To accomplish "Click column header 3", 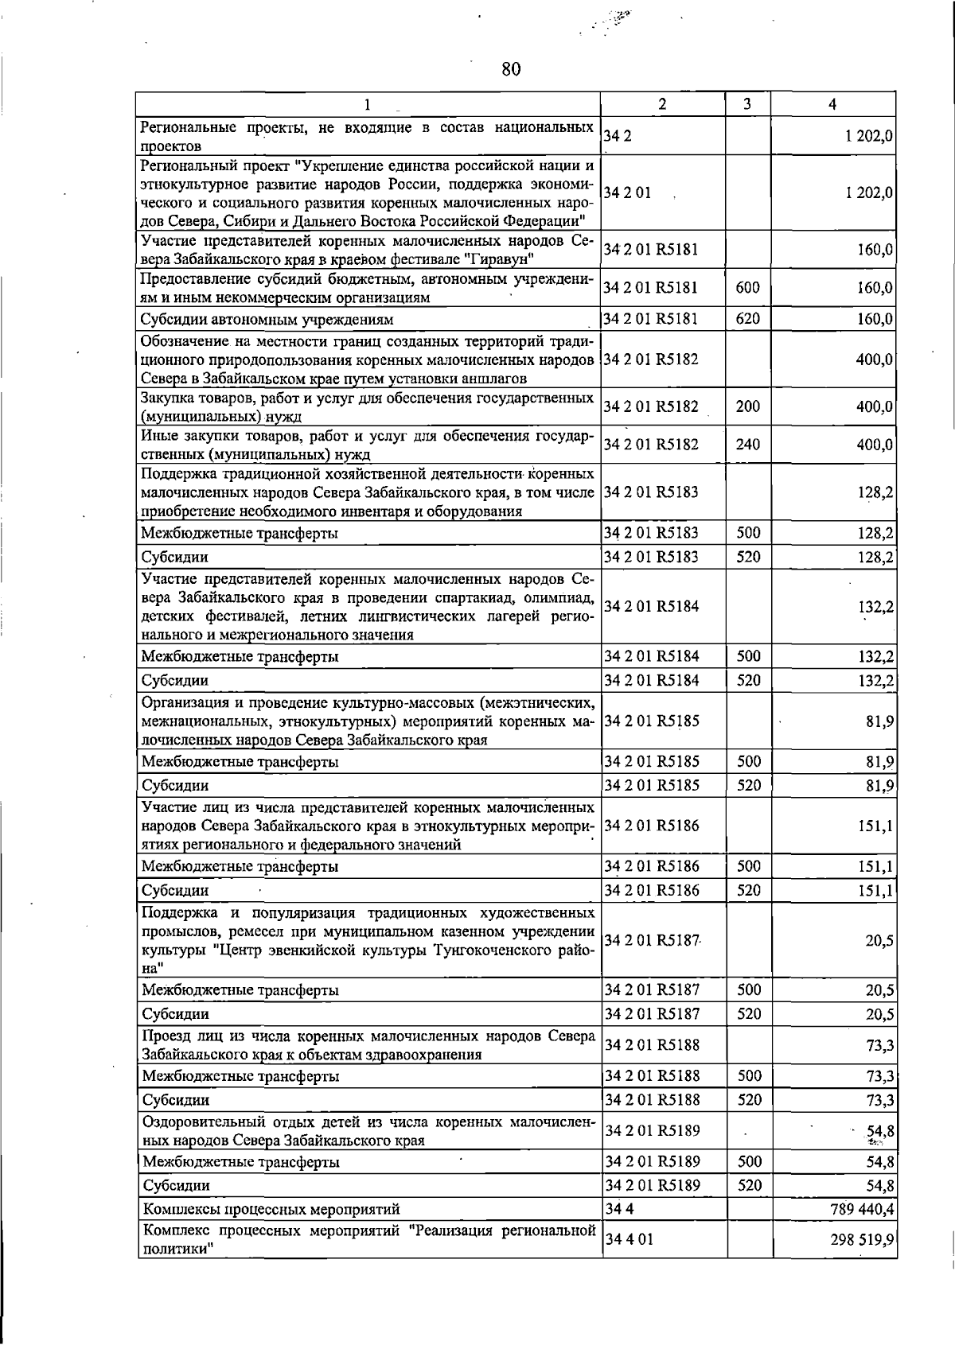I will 747,104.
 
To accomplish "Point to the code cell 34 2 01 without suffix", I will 627,192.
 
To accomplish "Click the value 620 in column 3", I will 747,319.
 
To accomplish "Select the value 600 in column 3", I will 747,288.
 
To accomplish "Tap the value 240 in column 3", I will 747,444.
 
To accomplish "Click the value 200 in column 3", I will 747,406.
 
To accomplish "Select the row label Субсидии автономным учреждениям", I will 267,320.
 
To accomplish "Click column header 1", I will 367,104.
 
